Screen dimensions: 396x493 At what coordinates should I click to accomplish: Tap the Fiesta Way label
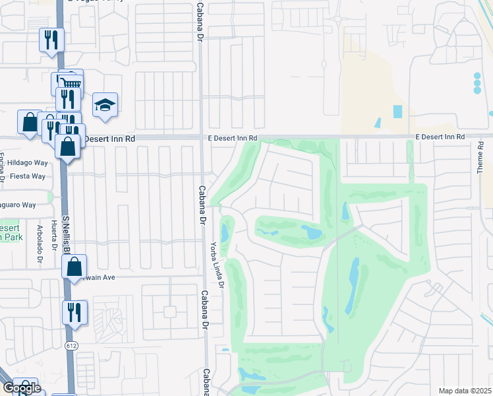[27, 176]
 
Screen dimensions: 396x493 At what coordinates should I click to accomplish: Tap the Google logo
[22, 388]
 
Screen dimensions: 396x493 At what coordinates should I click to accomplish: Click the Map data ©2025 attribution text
[465, 391]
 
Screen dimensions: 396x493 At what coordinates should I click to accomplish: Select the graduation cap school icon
[105, 105]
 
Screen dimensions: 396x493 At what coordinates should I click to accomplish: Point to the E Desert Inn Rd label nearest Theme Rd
[440, 137]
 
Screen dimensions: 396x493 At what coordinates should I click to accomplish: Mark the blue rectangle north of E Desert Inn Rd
[397, 112]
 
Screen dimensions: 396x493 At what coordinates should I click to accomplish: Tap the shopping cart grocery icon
[71, 82]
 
